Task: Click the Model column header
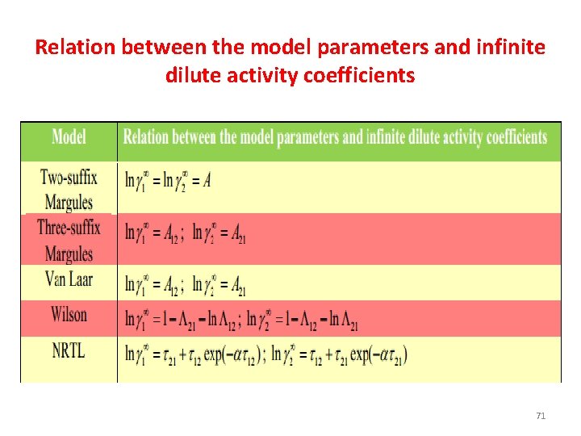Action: [x=69, y=136]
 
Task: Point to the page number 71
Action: [x=541, y=416]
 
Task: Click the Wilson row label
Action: [x=69, y=314]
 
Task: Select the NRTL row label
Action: [x=69, y=351]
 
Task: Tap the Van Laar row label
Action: [x=69, y=281]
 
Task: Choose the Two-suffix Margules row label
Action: [x=69, y=189]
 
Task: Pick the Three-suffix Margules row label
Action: [x=69, y=240]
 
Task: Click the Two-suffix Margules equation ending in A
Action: [x=168, y=181]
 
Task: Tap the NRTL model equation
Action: [x=265, y=354]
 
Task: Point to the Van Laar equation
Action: [x=185, y=285]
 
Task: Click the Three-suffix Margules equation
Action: [x=185, y=233]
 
